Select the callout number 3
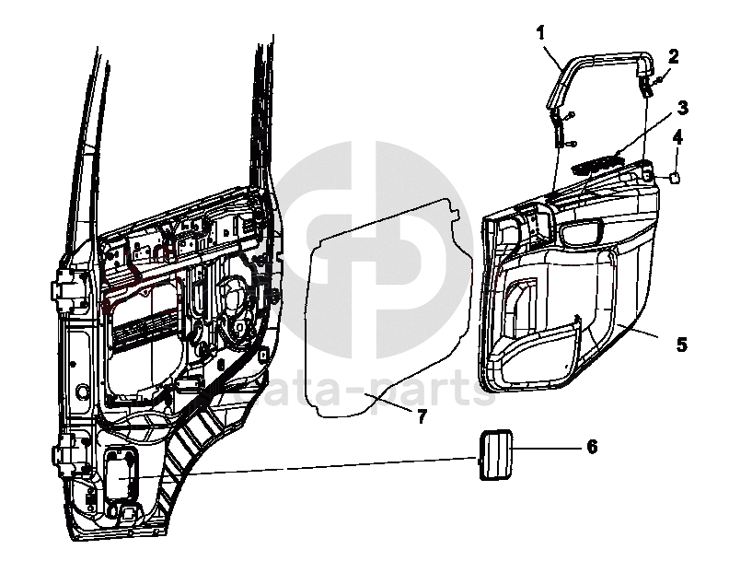pos(682,107)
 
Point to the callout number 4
pos(677,138)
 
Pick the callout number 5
pos(681,345)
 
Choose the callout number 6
pos(592,447)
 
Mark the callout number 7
pos(421,416)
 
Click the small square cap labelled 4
pos(675,179)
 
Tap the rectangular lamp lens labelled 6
pos(493,453)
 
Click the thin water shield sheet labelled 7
pos(387,313)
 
